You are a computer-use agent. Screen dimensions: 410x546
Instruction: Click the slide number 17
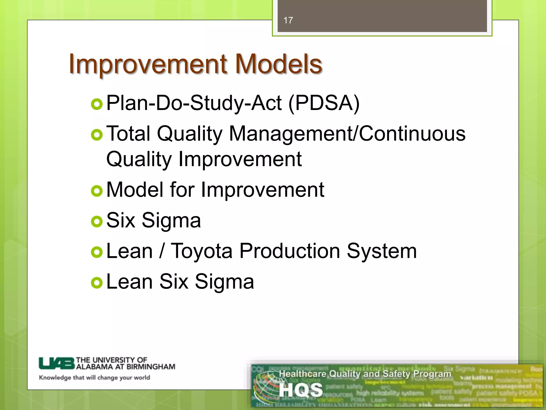[x=288, y=20]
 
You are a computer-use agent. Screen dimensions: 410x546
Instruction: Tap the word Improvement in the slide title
[x=148, y=64]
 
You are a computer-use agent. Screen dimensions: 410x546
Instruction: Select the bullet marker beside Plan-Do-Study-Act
[x=97, y=104]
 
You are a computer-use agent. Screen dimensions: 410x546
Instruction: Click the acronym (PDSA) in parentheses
[x=324, y=103]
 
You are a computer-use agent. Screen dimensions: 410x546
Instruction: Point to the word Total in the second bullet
[x=128, y=133]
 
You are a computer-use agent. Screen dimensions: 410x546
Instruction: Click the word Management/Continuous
[x=347, y=133]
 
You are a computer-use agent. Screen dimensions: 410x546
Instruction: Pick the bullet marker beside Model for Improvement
[x=97, y=191]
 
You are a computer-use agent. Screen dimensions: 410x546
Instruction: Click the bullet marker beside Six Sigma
[x=97, y=222]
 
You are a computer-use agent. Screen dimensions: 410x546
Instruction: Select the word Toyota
[x=201, y=251]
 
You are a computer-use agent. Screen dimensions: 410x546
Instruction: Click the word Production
[x=290, y=251]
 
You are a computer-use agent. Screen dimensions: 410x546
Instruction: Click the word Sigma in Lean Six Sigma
[x=224, y=282]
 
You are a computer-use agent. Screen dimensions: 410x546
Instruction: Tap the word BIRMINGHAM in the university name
[x=151, y=367]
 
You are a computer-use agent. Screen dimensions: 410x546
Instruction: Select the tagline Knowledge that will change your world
[x=94, y=377]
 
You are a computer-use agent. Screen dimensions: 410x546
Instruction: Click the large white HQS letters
[x=301, y=390]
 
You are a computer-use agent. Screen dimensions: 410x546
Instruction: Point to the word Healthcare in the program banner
[x=303, y=374]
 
